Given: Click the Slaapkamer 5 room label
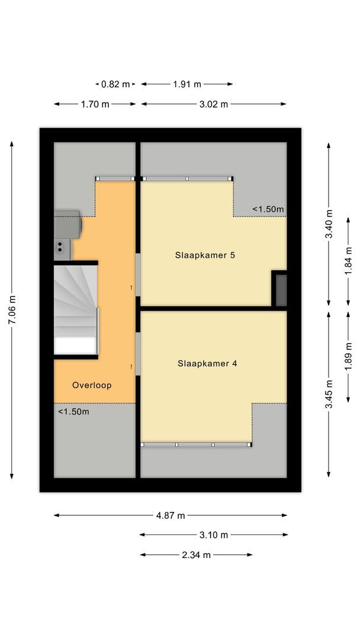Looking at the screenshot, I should (205, 256).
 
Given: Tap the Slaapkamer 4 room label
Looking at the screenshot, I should (207, 364).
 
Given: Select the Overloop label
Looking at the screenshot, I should (92, 385).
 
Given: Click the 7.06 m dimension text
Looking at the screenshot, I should (12, 309).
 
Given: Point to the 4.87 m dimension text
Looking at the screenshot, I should (171, 515).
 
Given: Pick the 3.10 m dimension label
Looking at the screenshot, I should (214, 535).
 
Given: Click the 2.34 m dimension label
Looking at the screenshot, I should (196, 555).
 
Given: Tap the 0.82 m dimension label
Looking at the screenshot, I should (115, 84).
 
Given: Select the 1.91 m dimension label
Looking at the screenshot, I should (187, 84).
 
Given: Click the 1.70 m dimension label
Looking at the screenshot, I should (95, 104).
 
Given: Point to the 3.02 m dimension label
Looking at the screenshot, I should (214, 104).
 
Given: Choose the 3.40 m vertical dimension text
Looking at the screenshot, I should (329, 224).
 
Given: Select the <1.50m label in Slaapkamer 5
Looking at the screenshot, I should (268, 209).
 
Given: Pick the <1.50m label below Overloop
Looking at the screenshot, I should (73, 411).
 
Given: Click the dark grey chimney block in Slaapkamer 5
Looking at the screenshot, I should (279, 289).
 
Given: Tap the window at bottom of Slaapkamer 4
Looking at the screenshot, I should (196, 444).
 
